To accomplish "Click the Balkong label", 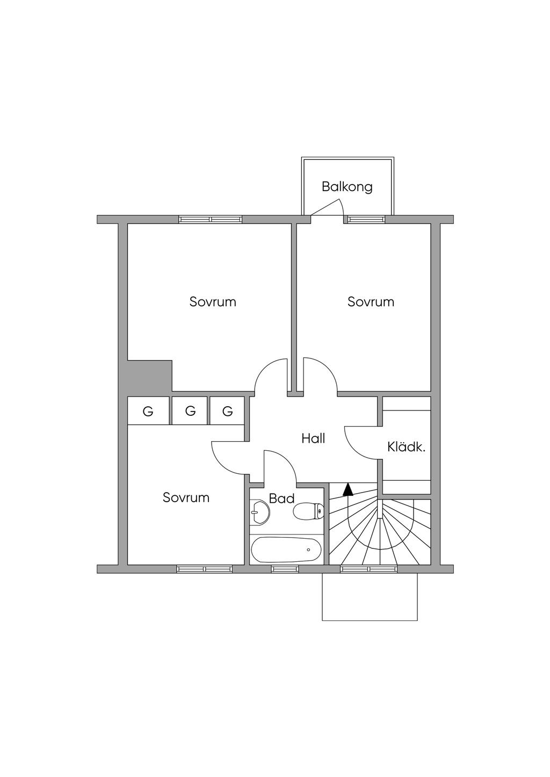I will pyautogui.click(x=347, y=187).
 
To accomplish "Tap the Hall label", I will pyautogui.click(x=313, y=438).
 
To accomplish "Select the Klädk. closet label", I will pyautogui.click(x=406, y=446).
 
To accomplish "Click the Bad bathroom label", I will pyautogui.click(x=281, y=499).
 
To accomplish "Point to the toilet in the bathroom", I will pyautogui.click(x=308, y=511).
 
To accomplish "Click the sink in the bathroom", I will pyautogui.click(x=259, y=512).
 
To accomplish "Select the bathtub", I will pyautogui.click(x=286, y=549).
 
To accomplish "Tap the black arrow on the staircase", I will pyautogui.click(x=348, y=489).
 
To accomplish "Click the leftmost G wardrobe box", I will pyautogui.click(x=148, y=412).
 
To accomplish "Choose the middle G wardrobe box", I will pyautogui.click(x=190, y=411).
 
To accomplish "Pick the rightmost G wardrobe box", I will pyautogui.click(x=227, y=412).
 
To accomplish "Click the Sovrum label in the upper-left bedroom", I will pyautogui.click(x=213, y=302).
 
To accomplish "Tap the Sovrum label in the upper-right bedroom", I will pyautogui.click(x=371, y=302).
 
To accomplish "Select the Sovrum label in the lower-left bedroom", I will pyautogui.click(x=186, y=497).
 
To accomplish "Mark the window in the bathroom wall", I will pyautogui.click(x=285, y=569).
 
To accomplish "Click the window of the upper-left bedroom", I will pyautogui.click(x=211, y=219).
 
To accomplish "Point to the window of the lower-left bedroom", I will pyautogui.click(x=205, y=569).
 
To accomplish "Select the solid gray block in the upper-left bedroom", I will pyautogui.click(x=149, y=376).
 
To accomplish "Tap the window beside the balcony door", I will pyautogui.click(x=366, y=219).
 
